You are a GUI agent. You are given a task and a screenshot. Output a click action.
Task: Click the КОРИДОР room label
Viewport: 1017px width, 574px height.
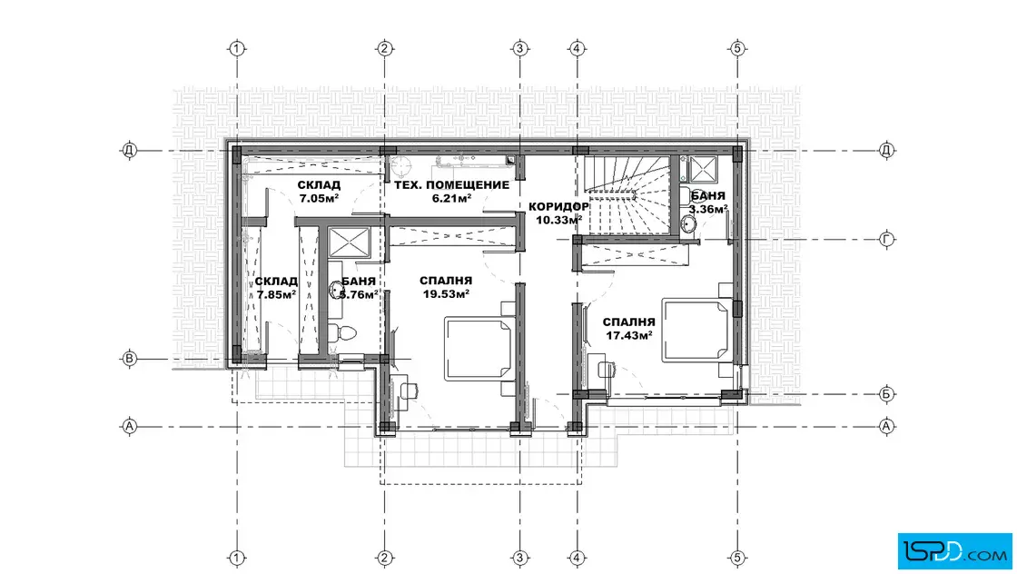point(558,207)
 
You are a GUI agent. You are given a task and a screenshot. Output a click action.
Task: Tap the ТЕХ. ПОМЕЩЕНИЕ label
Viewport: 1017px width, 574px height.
point(452,185)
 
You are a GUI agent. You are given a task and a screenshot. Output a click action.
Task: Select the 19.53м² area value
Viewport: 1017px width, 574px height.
point(446,293)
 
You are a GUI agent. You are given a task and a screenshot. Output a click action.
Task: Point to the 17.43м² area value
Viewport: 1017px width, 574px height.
point(628,335)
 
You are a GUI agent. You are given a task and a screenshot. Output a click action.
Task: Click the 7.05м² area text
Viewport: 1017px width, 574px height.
point(319,198)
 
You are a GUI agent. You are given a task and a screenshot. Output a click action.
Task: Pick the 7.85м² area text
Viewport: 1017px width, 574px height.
point(276,293)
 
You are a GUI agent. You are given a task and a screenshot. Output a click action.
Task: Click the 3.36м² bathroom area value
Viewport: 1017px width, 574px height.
point(707,209)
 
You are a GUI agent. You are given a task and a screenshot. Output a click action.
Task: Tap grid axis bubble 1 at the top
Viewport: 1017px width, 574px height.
point(237,48)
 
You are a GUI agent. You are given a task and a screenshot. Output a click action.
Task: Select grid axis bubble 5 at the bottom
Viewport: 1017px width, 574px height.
point(737,557)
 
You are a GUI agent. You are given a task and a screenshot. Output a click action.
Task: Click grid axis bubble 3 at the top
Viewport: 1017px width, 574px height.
point(519,48)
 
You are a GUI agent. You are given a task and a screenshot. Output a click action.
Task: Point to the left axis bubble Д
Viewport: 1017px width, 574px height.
point(130,151)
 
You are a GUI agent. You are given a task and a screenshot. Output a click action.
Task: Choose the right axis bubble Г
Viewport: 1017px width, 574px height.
point(886,240)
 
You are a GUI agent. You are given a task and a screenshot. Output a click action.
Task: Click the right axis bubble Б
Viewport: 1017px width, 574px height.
point(886,393)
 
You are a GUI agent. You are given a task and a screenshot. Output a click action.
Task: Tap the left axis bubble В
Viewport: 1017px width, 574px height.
point(130,359)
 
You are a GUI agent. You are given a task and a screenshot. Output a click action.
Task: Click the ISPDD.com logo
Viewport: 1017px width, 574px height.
point(954,551)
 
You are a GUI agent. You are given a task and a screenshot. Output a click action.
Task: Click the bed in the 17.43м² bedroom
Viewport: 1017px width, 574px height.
point(696,329)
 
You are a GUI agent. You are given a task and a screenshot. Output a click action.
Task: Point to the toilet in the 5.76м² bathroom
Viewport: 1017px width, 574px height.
point(341,333)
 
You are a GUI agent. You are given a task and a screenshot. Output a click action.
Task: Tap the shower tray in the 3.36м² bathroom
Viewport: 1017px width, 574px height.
point(703,170)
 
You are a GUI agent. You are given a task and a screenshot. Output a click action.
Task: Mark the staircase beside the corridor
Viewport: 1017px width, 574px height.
point(627,194)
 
